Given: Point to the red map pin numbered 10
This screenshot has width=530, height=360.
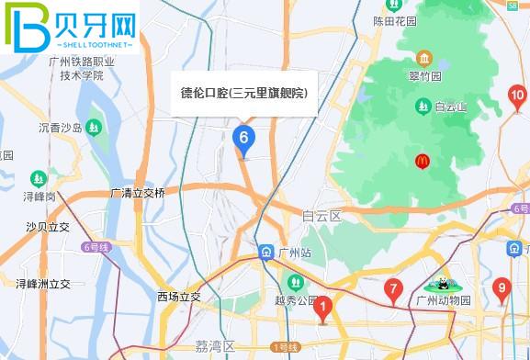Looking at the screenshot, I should [517, 96].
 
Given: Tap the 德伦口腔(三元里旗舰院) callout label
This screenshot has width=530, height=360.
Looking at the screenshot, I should [243, 94].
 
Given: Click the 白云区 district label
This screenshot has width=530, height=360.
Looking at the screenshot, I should [321, 216].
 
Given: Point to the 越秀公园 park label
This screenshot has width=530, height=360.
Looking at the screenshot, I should [294, 300].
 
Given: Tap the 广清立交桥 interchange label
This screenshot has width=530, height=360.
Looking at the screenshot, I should [138, 193].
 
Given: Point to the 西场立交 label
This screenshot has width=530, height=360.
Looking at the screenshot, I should [178, 297].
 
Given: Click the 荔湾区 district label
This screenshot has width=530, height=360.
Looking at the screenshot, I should [215, 346].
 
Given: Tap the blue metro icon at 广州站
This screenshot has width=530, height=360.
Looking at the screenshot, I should [265, 252].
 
